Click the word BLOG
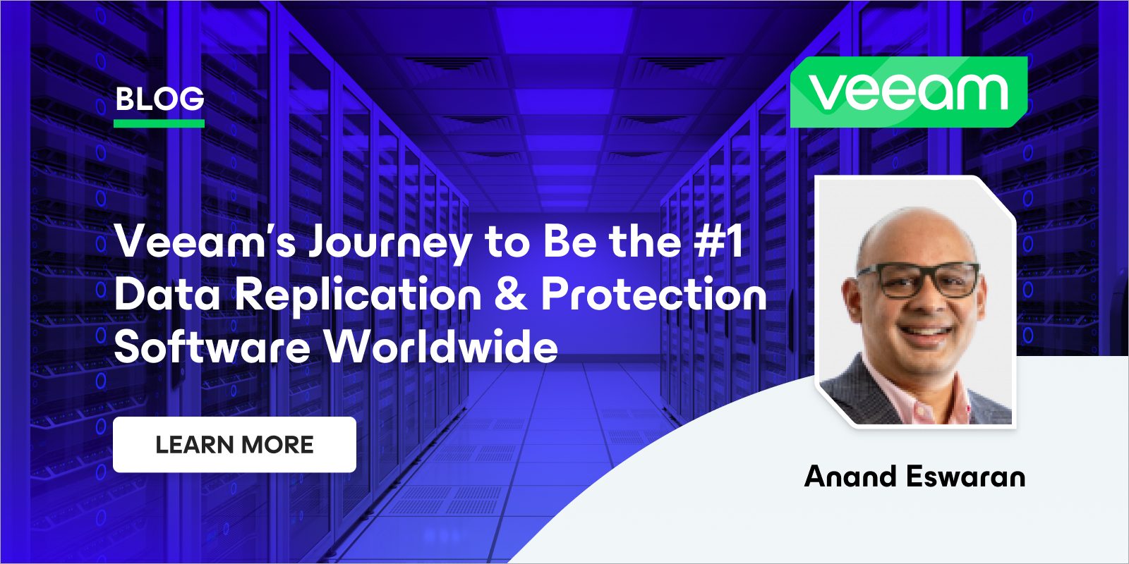point(159,99)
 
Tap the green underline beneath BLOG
point(159,123)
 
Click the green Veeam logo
point(909,92)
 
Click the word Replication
point(358,295)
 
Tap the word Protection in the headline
point(653,294)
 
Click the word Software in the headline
point(212,347)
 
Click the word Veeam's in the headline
point(205,241)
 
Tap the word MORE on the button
point(278,445)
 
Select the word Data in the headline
point(167,294)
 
